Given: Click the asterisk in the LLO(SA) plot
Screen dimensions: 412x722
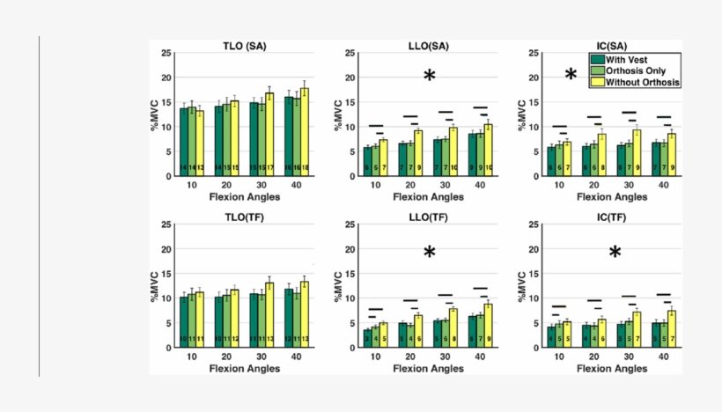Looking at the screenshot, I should (x=430, y=77).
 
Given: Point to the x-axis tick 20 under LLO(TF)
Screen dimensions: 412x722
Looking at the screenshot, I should (x=409, y=357).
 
